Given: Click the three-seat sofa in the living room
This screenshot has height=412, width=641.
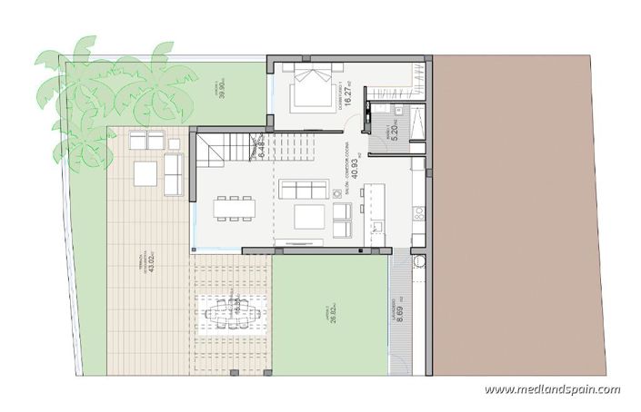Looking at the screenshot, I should [304, 189].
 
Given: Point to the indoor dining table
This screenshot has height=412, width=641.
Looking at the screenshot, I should [235, 208].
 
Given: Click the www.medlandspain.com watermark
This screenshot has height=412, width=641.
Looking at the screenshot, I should [552, 389].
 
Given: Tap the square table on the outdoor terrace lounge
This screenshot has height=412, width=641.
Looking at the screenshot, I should [145, 172].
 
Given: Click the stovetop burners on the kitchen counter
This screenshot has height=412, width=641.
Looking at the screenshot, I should [419, 213].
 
